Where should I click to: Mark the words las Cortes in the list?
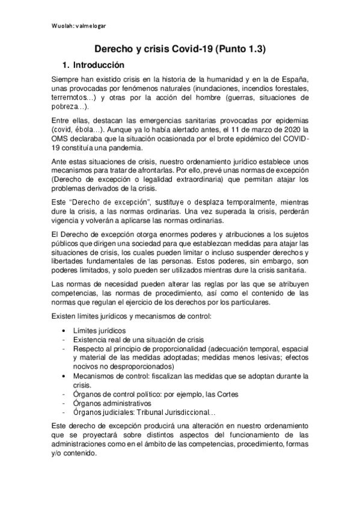(222, 394)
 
